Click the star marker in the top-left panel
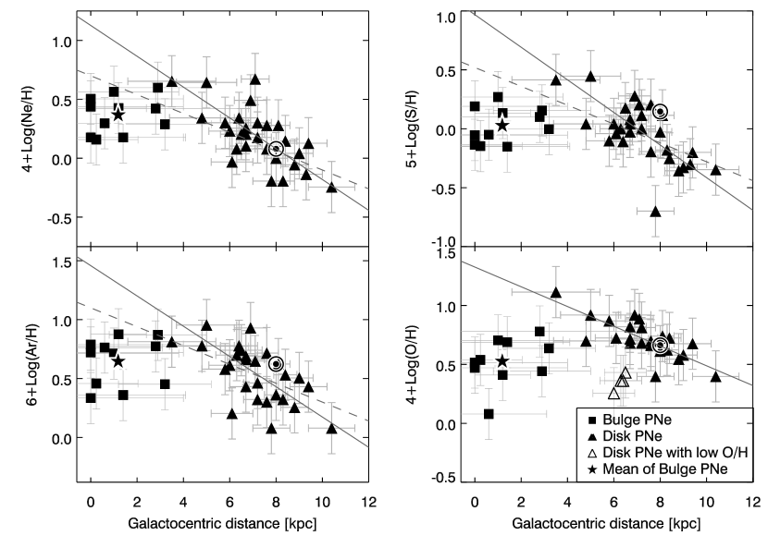pos(118,115)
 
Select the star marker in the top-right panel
pos(502,125)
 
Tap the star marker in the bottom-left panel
pos(118,360)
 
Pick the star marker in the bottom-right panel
pos(502,359)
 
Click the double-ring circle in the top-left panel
pos(276,148)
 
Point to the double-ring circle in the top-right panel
pos(660,112)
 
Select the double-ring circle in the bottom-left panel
pos(276,364)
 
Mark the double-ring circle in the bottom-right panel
pos(660,345)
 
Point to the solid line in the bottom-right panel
pos(518,285)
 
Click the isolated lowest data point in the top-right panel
pos(655,211)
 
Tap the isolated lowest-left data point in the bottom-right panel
pos(489,413)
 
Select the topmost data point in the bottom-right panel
pos(555,291)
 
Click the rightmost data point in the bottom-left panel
pos(331,427)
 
